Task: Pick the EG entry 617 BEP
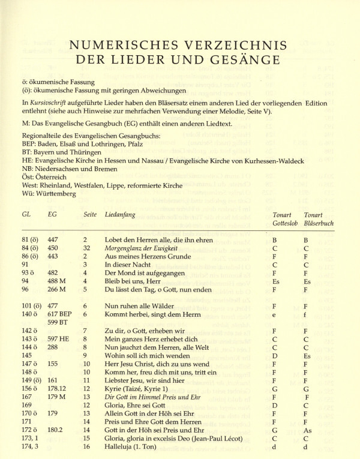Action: pos(59,313)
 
